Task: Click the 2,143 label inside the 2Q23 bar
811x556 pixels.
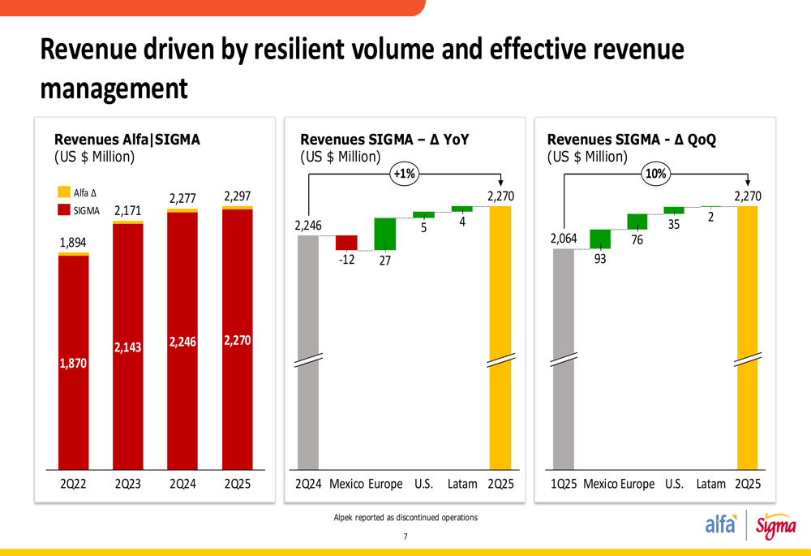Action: pyautogui.click(x=128, y=347)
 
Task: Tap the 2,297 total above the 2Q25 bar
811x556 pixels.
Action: pyautogui.click(x=237, y=196)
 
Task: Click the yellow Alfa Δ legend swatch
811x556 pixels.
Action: pyautogui.click(x=64, y=192)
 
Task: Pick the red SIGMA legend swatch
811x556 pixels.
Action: pyautogui.click(x=64, y=210)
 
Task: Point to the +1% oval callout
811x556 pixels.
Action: pyautogui.click(x=403, y=173)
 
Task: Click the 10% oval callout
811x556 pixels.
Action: pyautogui.click(x=654, y=173)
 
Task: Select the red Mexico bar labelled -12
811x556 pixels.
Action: pyautogui.click(x=346, y=243)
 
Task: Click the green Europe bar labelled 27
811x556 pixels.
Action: pyautogui.click(x=384, y=234)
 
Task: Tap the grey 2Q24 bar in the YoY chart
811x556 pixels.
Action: pyautogui.click(x=309, y=349)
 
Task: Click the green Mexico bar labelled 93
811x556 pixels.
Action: pyautogui.click(x=600, y=239)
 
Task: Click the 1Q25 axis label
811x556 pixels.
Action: pyautogui.click(x=564, y=484)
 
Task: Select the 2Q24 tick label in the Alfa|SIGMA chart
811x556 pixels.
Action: pyautogui.click(x=182, y=484)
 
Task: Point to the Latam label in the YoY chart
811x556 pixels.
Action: pyautogui.click(x=462, y=484)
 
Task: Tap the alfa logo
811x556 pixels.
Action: pyautogui.click(x=720, y=525)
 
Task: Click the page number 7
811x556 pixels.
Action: pyautogui.click(x=405, y=537)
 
